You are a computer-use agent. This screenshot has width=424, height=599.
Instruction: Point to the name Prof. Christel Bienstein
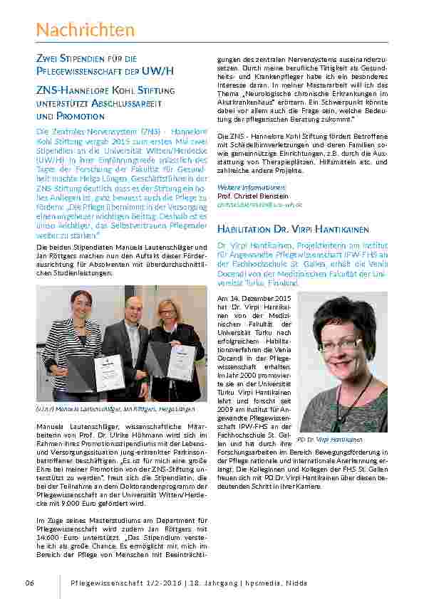click(253, 196)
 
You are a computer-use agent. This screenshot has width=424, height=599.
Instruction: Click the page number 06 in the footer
click(30, 583)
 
